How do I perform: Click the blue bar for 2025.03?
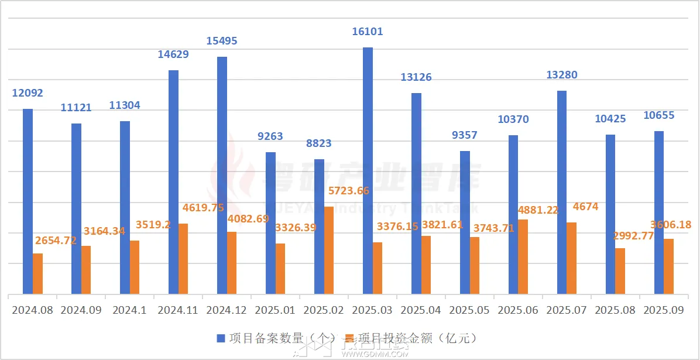[368, 170]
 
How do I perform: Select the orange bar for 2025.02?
[329, 250]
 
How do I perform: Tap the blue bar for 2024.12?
[222, 175]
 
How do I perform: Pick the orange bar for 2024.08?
[37, 273]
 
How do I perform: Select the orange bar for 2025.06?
[523, 256]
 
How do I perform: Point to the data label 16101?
[368, 32]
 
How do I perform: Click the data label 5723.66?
[345, 190]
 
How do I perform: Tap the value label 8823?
[319, 143]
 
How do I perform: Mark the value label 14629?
[173, 54]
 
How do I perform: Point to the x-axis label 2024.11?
[179, 310]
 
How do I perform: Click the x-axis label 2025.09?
[664, 310]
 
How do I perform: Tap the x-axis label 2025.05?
[469, 310]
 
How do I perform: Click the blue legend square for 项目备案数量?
[221, 338]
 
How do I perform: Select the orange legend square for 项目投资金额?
[350, 338]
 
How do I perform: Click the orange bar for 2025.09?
[669, 266]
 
